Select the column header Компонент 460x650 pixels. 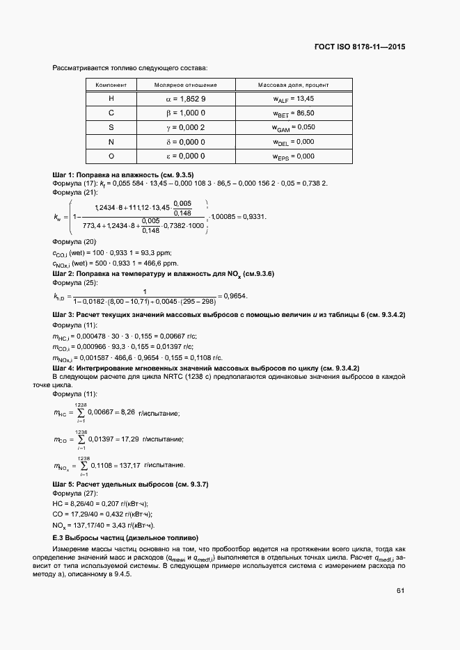[x=111, y=85]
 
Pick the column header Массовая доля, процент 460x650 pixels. [x=294, y=85]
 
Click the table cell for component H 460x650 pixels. [x=111, y=99]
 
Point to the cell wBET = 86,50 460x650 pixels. [x=294, y=113]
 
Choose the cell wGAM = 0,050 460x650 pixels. [x=294, y=127]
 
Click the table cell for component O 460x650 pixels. [x=111, y=156]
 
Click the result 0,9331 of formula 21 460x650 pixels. [x=253, y=216]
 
